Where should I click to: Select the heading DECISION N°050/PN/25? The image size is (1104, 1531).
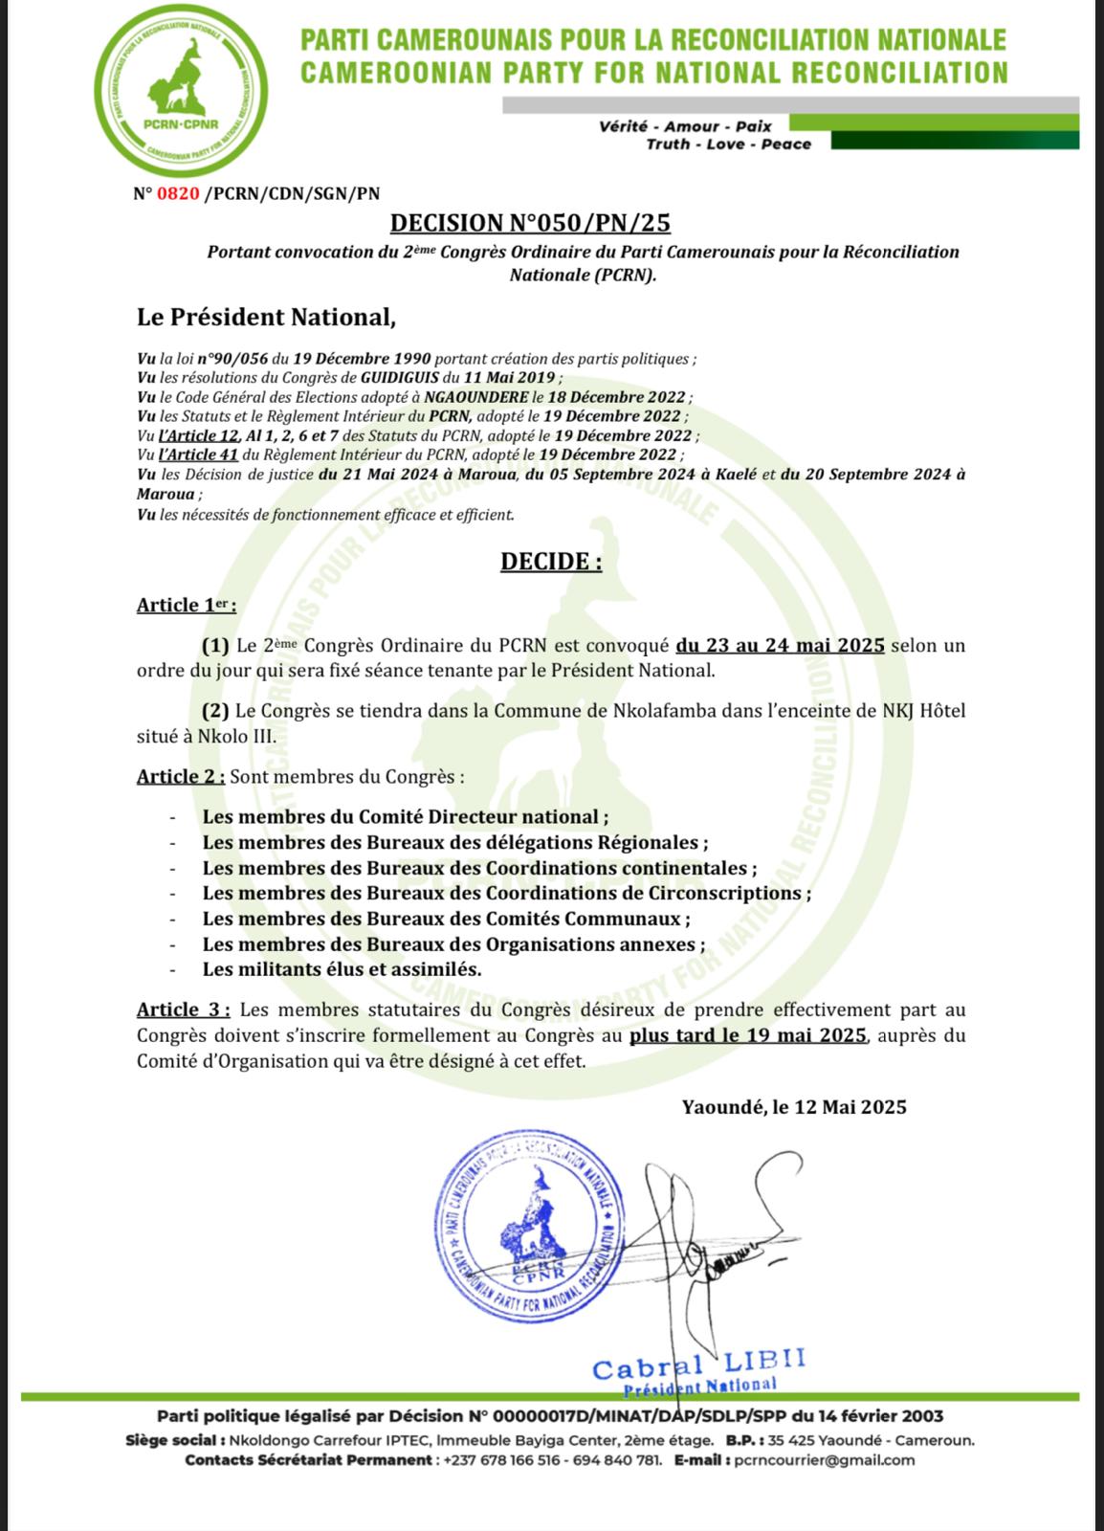click(x=530, y=223)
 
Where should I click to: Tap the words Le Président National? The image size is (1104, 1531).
click(x=265, y=317)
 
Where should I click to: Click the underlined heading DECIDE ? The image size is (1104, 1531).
click(x=551, y=562)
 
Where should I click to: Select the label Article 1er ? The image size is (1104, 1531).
click(x=186, y=605)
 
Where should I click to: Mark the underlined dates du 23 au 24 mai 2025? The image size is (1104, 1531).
click(x=780, y=645)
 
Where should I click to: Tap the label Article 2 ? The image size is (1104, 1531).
click(x=181, y=776)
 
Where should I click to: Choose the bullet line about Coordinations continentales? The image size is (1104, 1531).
click(x=478, y=868)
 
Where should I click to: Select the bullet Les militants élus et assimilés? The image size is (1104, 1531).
click(x=342, y=968)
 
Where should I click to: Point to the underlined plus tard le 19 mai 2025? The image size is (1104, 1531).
click(x=748, y=1035)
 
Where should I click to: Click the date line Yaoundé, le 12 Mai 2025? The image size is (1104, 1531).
click(x=794, y=1107)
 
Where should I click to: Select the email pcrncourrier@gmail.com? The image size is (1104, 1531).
click(x=822, y=1460)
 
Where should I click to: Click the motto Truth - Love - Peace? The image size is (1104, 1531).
click(x=728, y=144)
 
